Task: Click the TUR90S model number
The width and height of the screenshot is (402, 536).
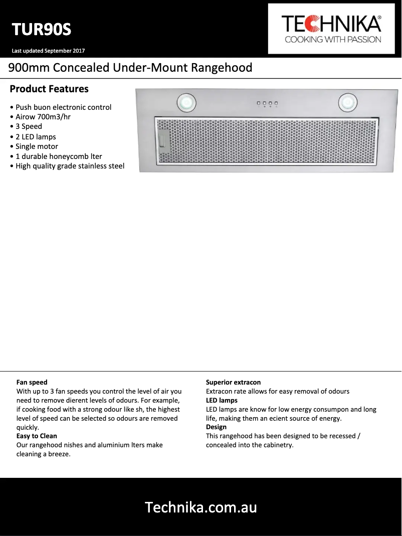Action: (x=42, y=30)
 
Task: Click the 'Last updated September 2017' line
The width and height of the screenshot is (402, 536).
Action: (x=48, y=51)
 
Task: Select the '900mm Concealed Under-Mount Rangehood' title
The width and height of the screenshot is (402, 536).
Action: (x=130, y=68)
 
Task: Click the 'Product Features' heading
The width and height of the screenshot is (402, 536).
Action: (x=49, y=89)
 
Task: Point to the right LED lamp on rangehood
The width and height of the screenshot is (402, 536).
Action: (x=346, y=103)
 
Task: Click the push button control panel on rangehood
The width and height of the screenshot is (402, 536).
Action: (x=267, y=104)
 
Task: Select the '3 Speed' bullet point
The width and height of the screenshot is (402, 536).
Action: (x=29, y=126)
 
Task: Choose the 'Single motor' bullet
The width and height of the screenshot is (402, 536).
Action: (x=37, y=146)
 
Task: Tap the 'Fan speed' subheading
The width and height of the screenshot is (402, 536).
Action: (x=32, y=382)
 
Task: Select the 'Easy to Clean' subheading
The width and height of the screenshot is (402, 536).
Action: (x=37, y=436)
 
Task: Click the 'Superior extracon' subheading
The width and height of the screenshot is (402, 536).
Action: (x=233, y=382)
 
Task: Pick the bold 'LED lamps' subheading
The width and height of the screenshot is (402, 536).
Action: (x=222, y=400)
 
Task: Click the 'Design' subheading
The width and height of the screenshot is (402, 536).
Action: (x=216, y=427)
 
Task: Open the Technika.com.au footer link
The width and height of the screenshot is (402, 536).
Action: (x=200, y=507)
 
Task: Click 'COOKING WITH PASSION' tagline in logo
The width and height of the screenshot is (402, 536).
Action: (x=333, y=40)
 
